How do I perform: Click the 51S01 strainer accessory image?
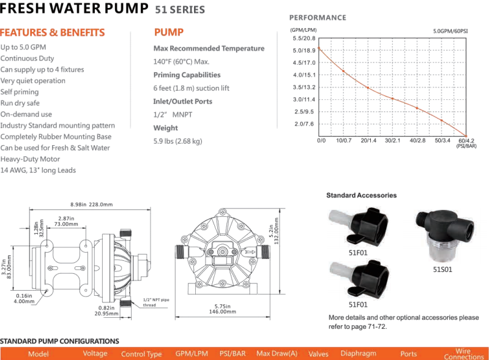pyautogui.click(x=445, y=236)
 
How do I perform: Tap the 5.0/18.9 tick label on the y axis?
pyautogui.click(x=304, y=51)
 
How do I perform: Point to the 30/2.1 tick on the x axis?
pyautogui.click(x=393, y=141)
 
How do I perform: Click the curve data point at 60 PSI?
pyautogui.click(x=466, y=136)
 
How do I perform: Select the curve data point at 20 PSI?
pyautogui.click(x=368, y=88)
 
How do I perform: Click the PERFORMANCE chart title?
pyautogui.click(x=318, y=18)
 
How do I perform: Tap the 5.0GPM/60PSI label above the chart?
pyautogui.click(x=450, y=31)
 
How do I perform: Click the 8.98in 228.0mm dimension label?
pyautogui.click(x=91, y=204)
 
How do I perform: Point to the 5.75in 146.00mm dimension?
pyautogui.click(x=222, y=309)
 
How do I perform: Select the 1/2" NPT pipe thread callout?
pyautogui.click(x=156, y=302)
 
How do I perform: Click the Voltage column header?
pyautogui.click(x=95, y=353)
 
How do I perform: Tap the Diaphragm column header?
pyautogui.click(x=358, y=353)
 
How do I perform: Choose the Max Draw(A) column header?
pyautogui.click(x=277, y=353)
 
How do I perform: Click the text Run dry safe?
pyautogui.click(x=20, y=103)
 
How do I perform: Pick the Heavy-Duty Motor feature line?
pyautogui.click(x=30, y=159)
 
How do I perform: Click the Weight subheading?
pyautogui.click(x=166, y=128)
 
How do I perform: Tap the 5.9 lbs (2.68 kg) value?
pyautogui.click(x=177, y=141)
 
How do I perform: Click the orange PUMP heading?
pyautogui.click(x=169, y=32)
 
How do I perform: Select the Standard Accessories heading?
pyautogui.click(x=362, y=195)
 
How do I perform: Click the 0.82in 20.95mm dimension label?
pyautogui.click(x=106, y=310)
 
